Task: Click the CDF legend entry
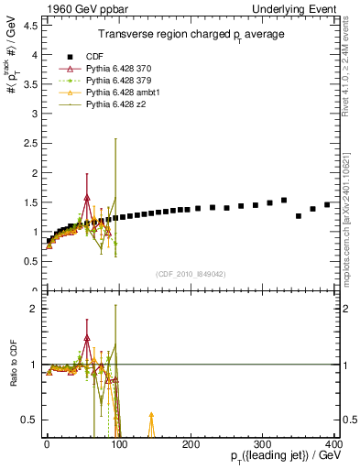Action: [x=95, y=56]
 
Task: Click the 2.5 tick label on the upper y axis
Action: [x=29, y=143]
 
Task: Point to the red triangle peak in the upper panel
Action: [x=87, y=198]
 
